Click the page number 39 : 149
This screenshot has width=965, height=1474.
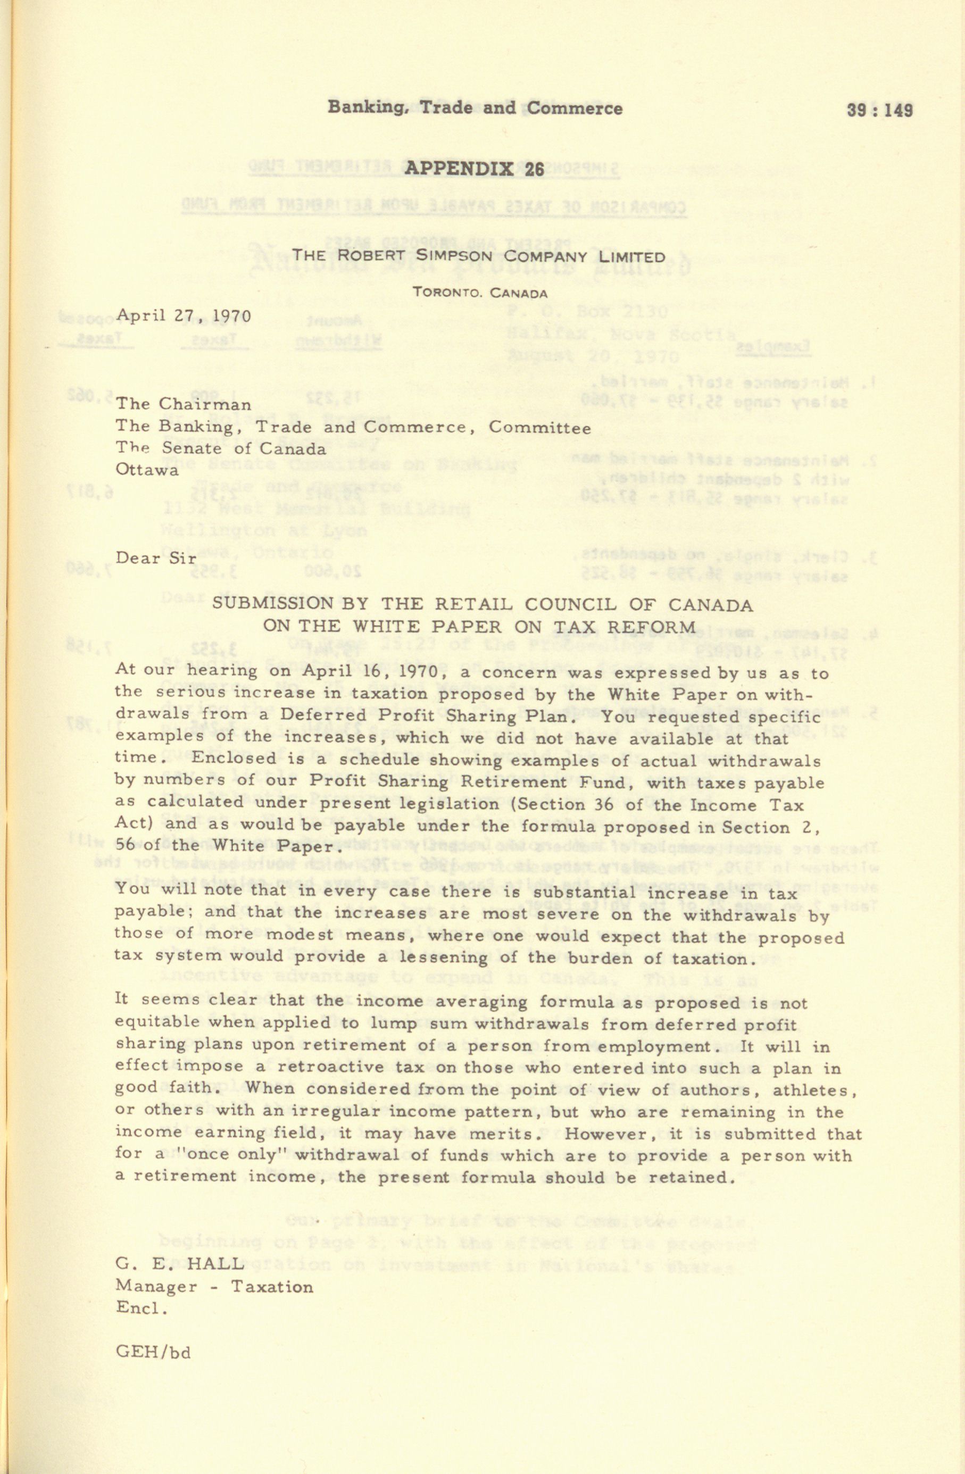point(879,110)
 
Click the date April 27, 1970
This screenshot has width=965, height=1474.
point(184,316)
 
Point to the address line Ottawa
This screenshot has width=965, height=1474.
point(147,470)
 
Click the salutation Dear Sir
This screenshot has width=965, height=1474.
point(155,558)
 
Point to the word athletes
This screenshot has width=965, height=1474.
point(813,1089)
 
